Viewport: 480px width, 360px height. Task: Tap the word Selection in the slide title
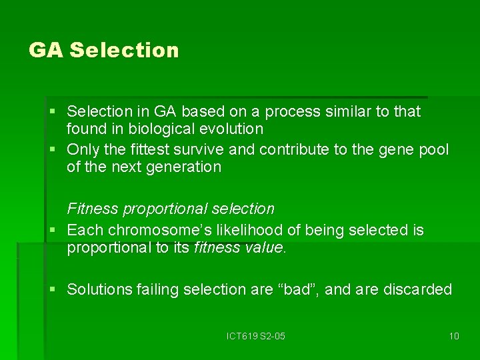(x=124, y=51)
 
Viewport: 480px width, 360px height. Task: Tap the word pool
(x=434, y=149)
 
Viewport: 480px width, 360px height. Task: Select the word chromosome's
(x=154, y=231)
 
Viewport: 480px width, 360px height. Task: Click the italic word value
(x=265, y=249)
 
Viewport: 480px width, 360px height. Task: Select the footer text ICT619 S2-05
(x=255, y=336)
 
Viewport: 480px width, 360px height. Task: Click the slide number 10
(x=454, y=336)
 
